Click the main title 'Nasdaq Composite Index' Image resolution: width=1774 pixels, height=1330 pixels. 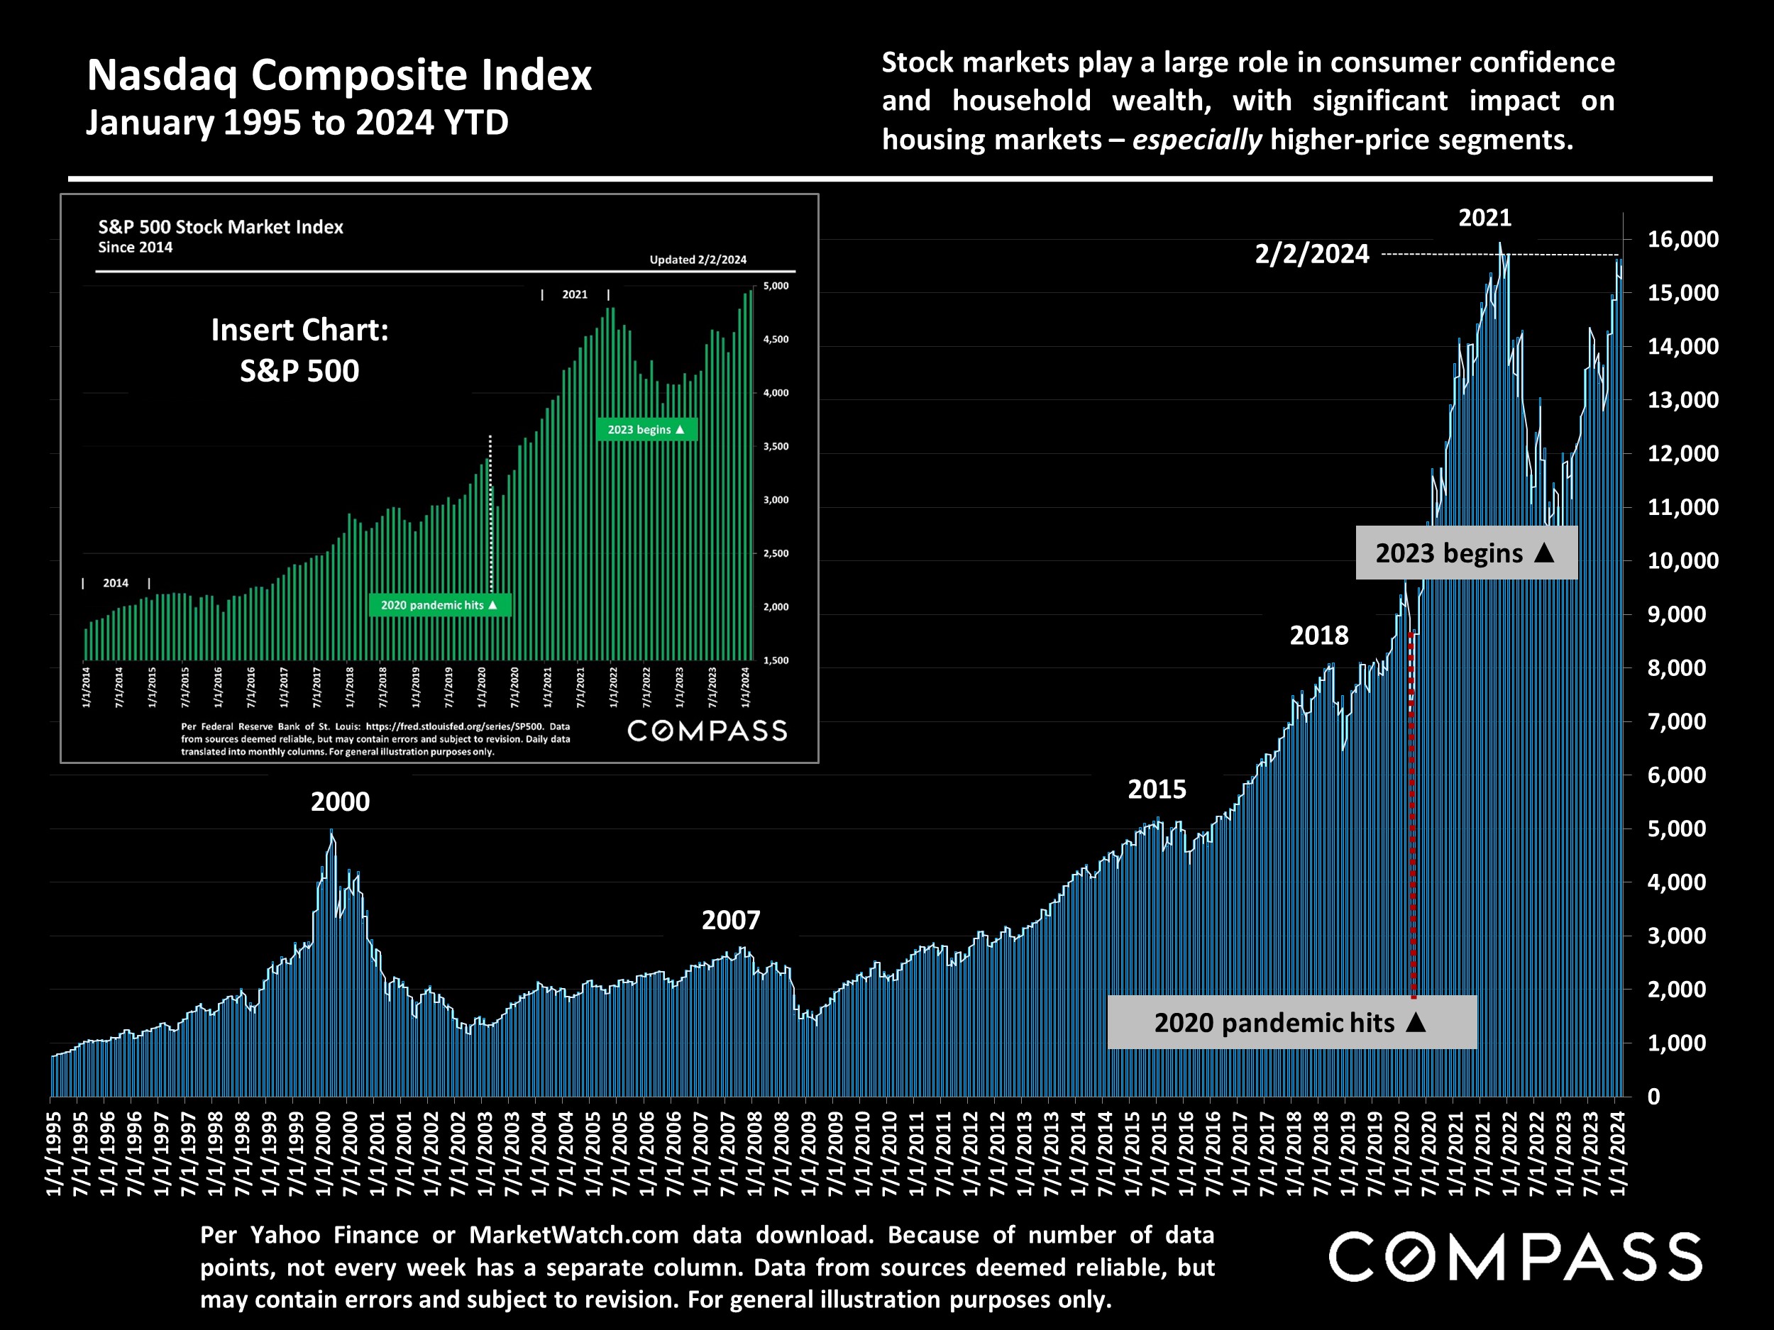point(338,75)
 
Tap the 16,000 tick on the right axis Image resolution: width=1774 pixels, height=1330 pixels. point(1682,239)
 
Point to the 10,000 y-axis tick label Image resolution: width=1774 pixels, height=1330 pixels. point(1682,560)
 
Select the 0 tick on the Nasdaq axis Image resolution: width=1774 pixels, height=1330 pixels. point(1653,1097)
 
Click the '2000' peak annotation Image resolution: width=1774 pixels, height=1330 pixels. point(340,802)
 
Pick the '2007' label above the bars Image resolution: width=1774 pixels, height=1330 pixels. point(731,920)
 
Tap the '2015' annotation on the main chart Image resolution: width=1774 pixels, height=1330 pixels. point(1157,789)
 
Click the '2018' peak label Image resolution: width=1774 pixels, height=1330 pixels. point(1318,636)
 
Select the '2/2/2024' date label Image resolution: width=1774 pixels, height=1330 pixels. point(1312,254)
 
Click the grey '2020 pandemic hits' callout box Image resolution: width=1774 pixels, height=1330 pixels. point(1291,1022)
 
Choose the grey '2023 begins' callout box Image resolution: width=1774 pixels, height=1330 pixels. point(1466,553)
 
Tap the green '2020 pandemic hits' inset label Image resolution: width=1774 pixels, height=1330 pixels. point(439,605)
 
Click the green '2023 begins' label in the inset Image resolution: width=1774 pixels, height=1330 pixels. point(646,430)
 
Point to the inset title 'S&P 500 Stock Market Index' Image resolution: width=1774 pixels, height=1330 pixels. point(221,227)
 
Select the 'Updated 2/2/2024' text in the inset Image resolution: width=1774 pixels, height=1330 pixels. point(698,260)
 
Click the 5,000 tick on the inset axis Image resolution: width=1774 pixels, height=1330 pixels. point(776,286)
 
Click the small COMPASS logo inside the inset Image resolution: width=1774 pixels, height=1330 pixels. point(707,731)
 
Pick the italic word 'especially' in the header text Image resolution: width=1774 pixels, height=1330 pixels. point(1196,140)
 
